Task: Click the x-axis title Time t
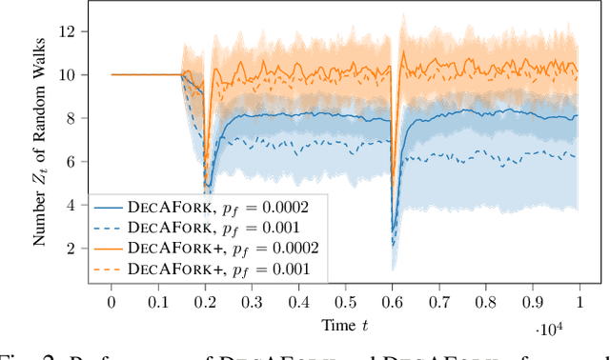point(345,324)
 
